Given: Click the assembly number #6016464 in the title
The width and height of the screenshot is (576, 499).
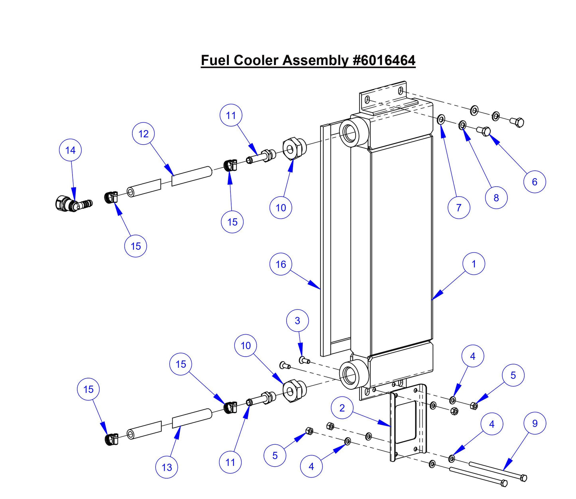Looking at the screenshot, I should tap(384, 61).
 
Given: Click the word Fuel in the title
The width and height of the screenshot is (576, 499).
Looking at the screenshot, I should tap(215, 61).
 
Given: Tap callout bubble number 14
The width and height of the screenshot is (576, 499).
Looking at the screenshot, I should tap(70, 150).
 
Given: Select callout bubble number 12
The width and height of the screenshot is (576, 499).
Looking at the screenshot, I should tap(144, 134).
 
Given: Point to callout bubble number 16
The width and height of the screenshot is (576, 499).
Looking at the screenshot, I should tap(281, 264).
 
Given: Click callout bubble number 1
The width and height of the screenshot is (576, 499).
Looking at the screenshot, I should tap(474, 264).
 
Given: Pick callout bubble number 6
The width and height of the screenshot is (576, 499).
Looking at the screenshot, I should tap(535, 182).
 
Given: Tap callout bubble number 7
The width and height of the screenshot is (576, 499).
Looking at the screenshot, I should tap(458, 208).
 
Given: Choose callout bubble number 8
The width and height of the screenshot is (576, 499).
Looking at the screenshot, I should tap(496, 198).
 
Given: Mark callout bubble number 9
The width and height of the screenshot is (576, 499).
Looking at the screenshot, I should tap(535, 424).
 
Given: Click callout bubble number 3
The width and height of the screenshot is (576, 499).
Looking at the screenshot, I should tap(297, 321).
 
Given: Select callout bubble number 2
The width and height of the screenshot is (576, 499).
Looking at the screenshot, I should tap(342, 408).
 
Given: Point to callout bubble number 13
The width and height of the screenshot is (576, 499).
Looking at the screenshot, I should tap(167, 467).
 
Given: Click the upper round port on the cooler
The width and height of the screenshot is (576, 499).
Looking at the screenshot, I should tap(350, 132).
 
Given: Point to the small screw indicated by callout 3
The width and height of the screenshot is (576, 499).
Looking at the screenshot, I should tap(305, 361).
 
